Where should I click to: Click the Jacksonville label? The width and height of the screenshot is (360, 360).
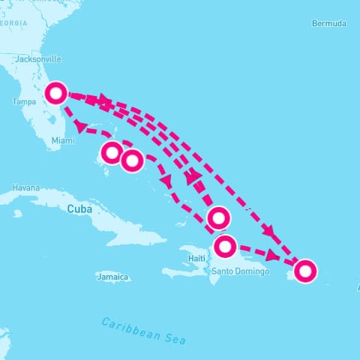pos(37,58)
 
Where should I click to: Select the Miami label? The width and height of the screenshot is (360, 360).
pos(63,140)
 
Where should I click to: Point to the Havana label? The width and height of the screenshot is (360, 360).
pos(25,187)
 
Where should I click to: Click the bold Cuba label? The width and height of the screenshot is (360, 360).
pos(79,208)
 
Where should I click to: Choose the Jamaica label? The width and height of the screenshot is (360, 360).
pos(112,277)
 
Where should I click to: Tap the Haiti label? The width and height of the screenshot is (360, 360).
pos(196,258)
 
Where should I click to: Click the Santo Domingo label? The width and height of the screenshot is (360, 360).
pos(239,271)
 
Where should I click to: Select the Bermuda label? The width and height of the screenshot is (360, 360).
pos(329,24)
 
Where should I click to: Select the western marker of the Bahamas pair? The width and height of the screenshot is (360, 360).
pos(111,153)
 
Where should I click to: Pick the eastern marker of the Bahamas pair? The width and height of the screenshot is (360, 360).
pos(132,160)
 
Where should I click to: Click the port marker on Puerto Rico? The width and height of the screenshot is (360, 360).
pos(304,271)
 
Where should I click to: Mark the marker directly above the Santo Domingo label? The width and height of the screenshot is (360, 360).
pos(226,246)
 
